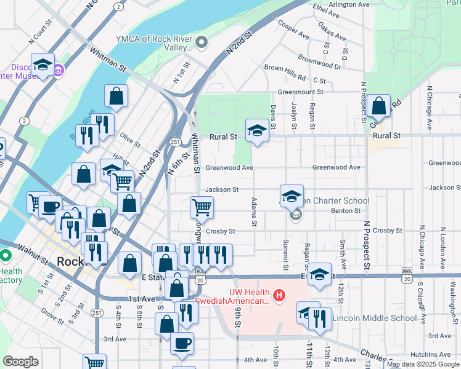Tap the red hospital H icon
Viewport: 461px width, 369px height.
279,296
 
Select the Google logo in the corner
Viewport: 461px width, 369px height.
20,362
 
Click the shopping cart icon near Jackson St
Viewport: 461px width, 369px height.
202,207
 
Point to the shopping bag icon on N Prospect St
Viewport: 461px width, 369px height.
380,106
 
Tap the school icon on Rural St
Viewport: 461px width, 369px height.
257,130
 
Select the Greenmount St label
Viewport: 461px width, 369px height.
300,92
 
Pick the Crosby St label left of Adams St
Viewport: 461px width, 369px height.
221,231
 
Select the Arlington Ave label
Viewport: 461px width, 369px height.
349,4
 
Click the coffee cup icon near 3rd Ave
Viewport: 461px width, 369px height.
182,343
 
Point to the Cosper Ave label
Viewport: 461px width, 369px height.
293,32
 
